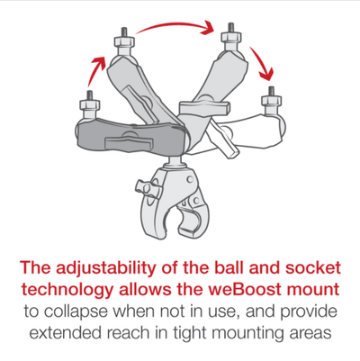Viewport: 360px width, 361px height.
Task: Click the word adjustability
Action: coord(110,267)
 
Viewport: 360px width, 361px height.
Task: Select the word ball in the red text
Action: coord(248,267)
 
